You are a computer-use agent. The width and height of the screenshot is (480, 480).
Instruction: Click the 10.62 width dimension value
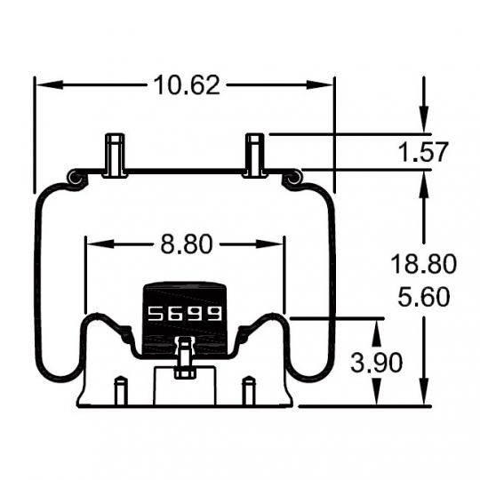tap(187, 85)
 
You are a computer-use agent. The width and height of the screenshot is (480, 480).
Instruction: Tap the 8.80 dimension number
tap(187, 244)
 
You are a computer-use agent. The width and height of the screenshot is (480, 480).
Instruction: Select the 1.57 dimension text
tap(424, 152)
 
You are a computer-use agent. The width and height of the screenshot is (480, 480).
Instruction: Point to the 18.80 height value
tap(424, 264)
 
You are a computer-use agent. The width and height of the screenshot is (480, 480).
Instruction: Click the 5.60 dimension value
tap(424, 297)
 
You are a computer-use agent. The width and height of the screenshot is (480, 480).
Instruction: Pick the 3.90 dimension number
tap(377, 363)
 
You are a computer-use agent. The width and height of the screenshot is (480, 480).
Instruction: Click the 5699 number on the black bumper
tap(185, 313)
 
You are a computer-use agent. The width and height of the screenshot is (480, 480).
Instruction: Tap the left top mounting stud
tap(115, 156)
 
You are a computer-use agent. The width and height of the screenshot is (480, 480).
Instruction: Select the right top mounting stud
tap(255, 156)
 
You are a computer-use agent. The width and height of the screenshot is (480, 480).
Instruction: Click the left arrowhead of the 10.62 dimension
tap(50, 85)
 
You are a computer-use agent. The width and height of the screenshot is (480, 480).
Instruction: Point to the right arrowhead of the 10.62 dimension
tap(320, 85)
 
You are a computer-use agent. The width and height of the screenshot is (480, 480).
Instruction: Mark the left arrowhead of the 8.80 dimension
tap(99, 244)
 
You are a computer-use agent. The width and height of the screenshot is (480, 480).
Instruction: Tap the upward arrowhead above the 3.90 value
tap(377, 332)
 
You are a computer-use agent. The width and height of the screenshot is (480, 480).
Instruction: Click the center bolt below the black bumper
tap(185, 357)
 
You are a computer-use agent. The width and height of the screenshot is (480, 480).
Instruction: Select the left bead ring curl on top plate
tap(75, 179)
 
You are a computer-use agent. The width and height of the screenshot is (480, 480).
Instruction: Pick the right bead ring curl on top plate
tap(293, 179)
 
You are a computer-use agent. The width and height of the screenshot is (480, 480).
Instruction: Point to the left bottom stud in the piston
tap(120, 391)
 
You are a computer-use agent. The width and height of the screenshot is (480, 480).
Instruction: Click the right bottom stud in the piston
tap(249, 391)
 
